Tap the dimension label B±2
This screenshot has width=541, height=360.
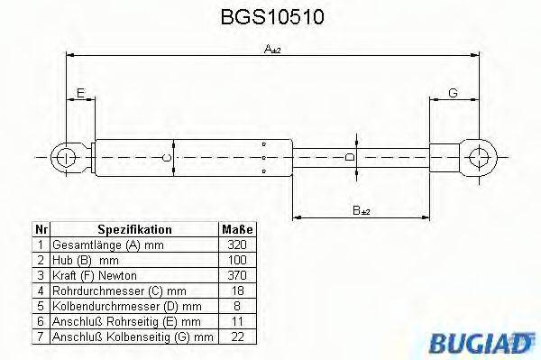pyautogui.click(x=361, y=210)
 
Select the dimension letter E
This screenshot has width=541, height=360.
pyautogui.click(x=80, y=93)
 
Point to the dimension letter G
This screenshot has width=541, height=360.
pyautogui.click(x=452, y=93)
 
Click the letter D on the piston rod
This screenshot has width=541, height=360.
pyautogui.click(x=351, y=157)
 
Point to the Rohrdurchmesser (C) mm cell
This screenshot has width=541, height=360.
pyautogui.click(x=111, y=291)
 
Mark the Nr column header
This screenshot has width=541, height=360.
pyautogui.click(x=40, y=230)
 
